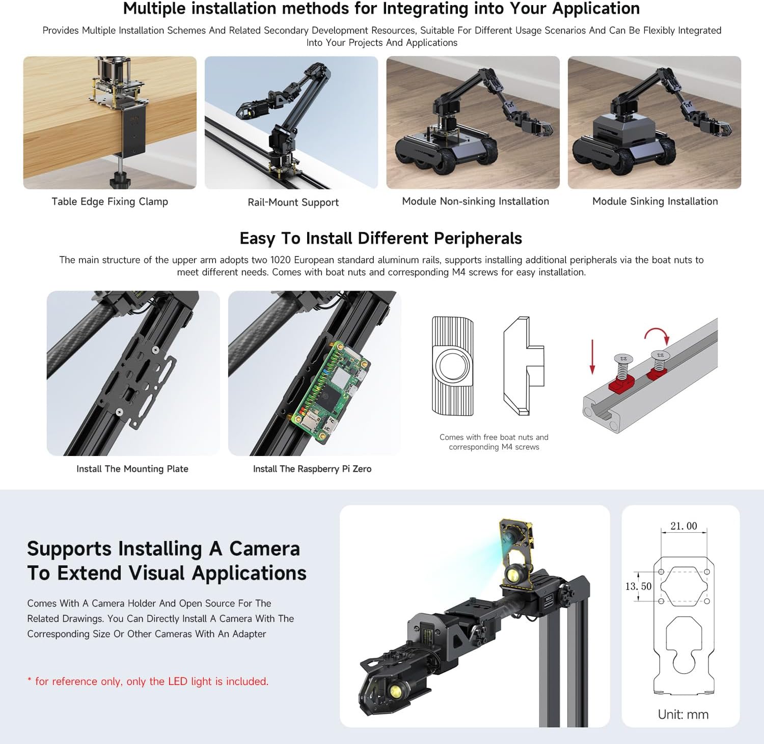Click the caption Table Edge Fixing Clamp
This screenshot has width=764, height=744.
click(x=110, y=202)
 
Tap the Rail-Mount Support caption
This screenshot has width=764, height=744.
click(x=293, y=202)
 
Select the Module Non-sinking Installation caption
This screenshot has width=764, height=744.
click(x=475, y=201)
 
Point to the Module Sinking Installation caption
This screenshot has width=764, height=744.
click(x=655, y=201)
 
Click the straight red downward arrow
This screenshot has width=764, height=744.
click(x=592, y=357)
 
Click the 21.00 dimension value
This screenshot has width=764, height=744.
click(x=684, y=526)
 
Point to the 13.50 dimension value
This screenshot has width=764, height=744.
click(x=638, y=586)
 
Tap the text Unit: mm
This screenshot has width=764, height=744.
click(x=683, y=714)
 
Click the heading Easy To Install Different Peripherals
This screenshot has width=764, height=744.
click(x=381, y=238)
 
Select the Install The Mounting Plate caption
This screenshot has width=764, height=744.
click(x=132, y=469)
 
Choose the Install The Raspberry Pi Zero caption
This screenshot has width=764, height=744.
click(x=312, y=469)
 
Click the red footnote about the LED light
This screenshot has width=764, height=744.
click(x=148, y=681)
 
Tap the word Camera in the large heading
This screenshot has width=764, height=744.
click(x=264, y=549)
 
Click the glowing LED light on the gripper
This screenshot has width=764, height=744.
click(x=395, y=691)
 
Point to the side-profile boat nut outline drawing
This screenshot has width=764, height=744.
click(x=524, y=365)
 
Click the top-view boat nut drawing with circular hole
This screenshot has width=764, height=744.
click(x=453, y=366)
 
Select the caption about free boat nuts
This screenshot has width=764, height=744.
click(x=494, y=442)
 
